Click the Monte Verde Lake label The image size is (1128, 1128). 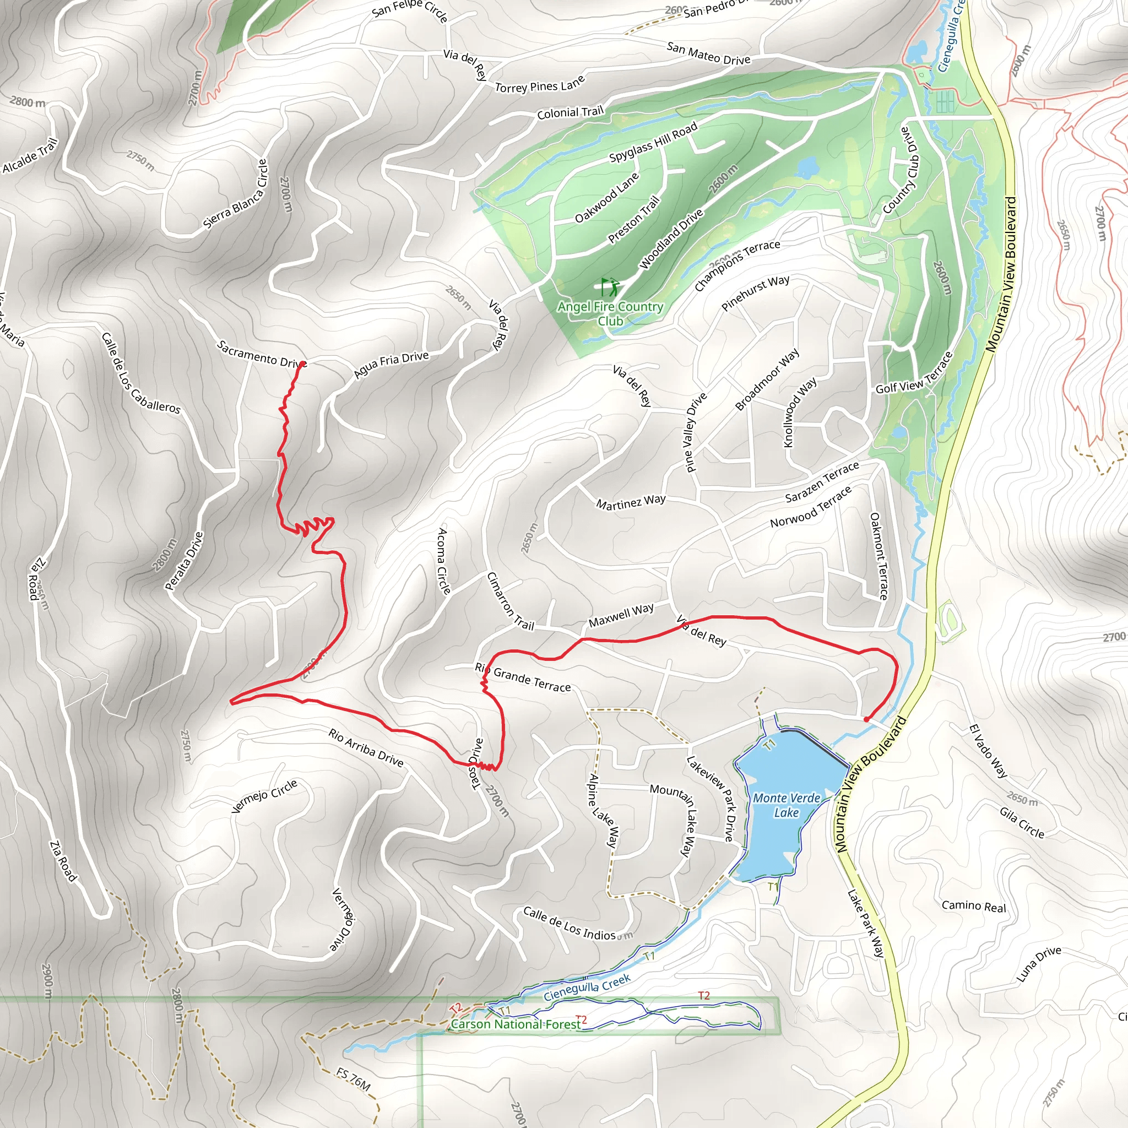point(787,805)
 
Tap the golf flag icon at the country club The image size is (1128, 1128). point(610,286)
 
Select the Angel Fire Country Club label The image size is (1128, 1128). point(610,313)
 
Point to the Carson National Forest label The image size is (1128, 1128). point(516,1024)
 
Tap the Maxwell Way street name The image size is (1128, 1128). point(621,615)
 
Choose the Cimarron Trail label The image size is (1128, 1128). point(510,601)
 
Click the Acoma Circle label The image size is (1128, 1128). point(444,561)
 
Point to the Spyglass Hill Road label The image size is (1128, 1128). point(653,142)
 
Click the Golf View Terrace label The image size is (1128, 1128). point(914,373)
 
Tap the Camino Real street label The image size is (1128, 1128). point(974,906)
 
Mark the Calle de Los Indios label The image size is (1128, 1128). point(570,923)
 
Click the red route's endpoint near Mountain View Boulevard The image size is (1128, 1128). point(866,719)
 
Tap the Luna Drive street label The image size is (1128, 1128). point(1039,964)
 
